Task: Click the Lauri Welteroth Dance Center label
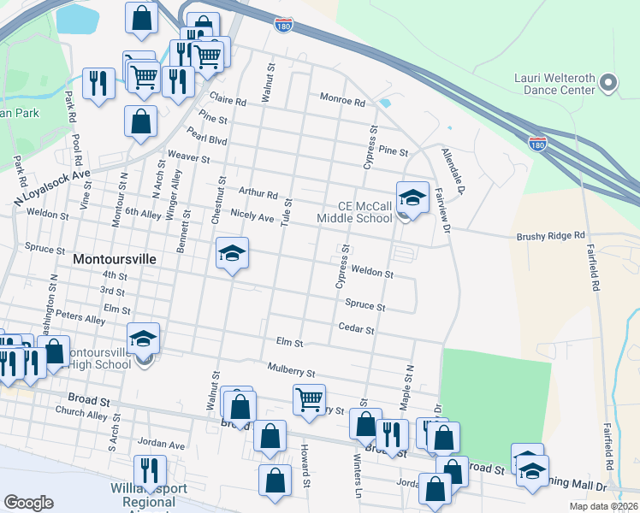point(553,83)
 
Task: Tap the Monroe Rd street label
point(342,101)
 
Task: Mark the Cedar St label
point(357,328)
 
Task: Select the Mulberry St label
point(291,373)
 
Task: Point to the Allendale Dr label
point(452,170)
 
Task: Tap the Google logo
point(28,502)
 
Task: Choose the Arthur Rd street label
point(258,193)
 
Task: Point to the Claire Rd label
point(228,99)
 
